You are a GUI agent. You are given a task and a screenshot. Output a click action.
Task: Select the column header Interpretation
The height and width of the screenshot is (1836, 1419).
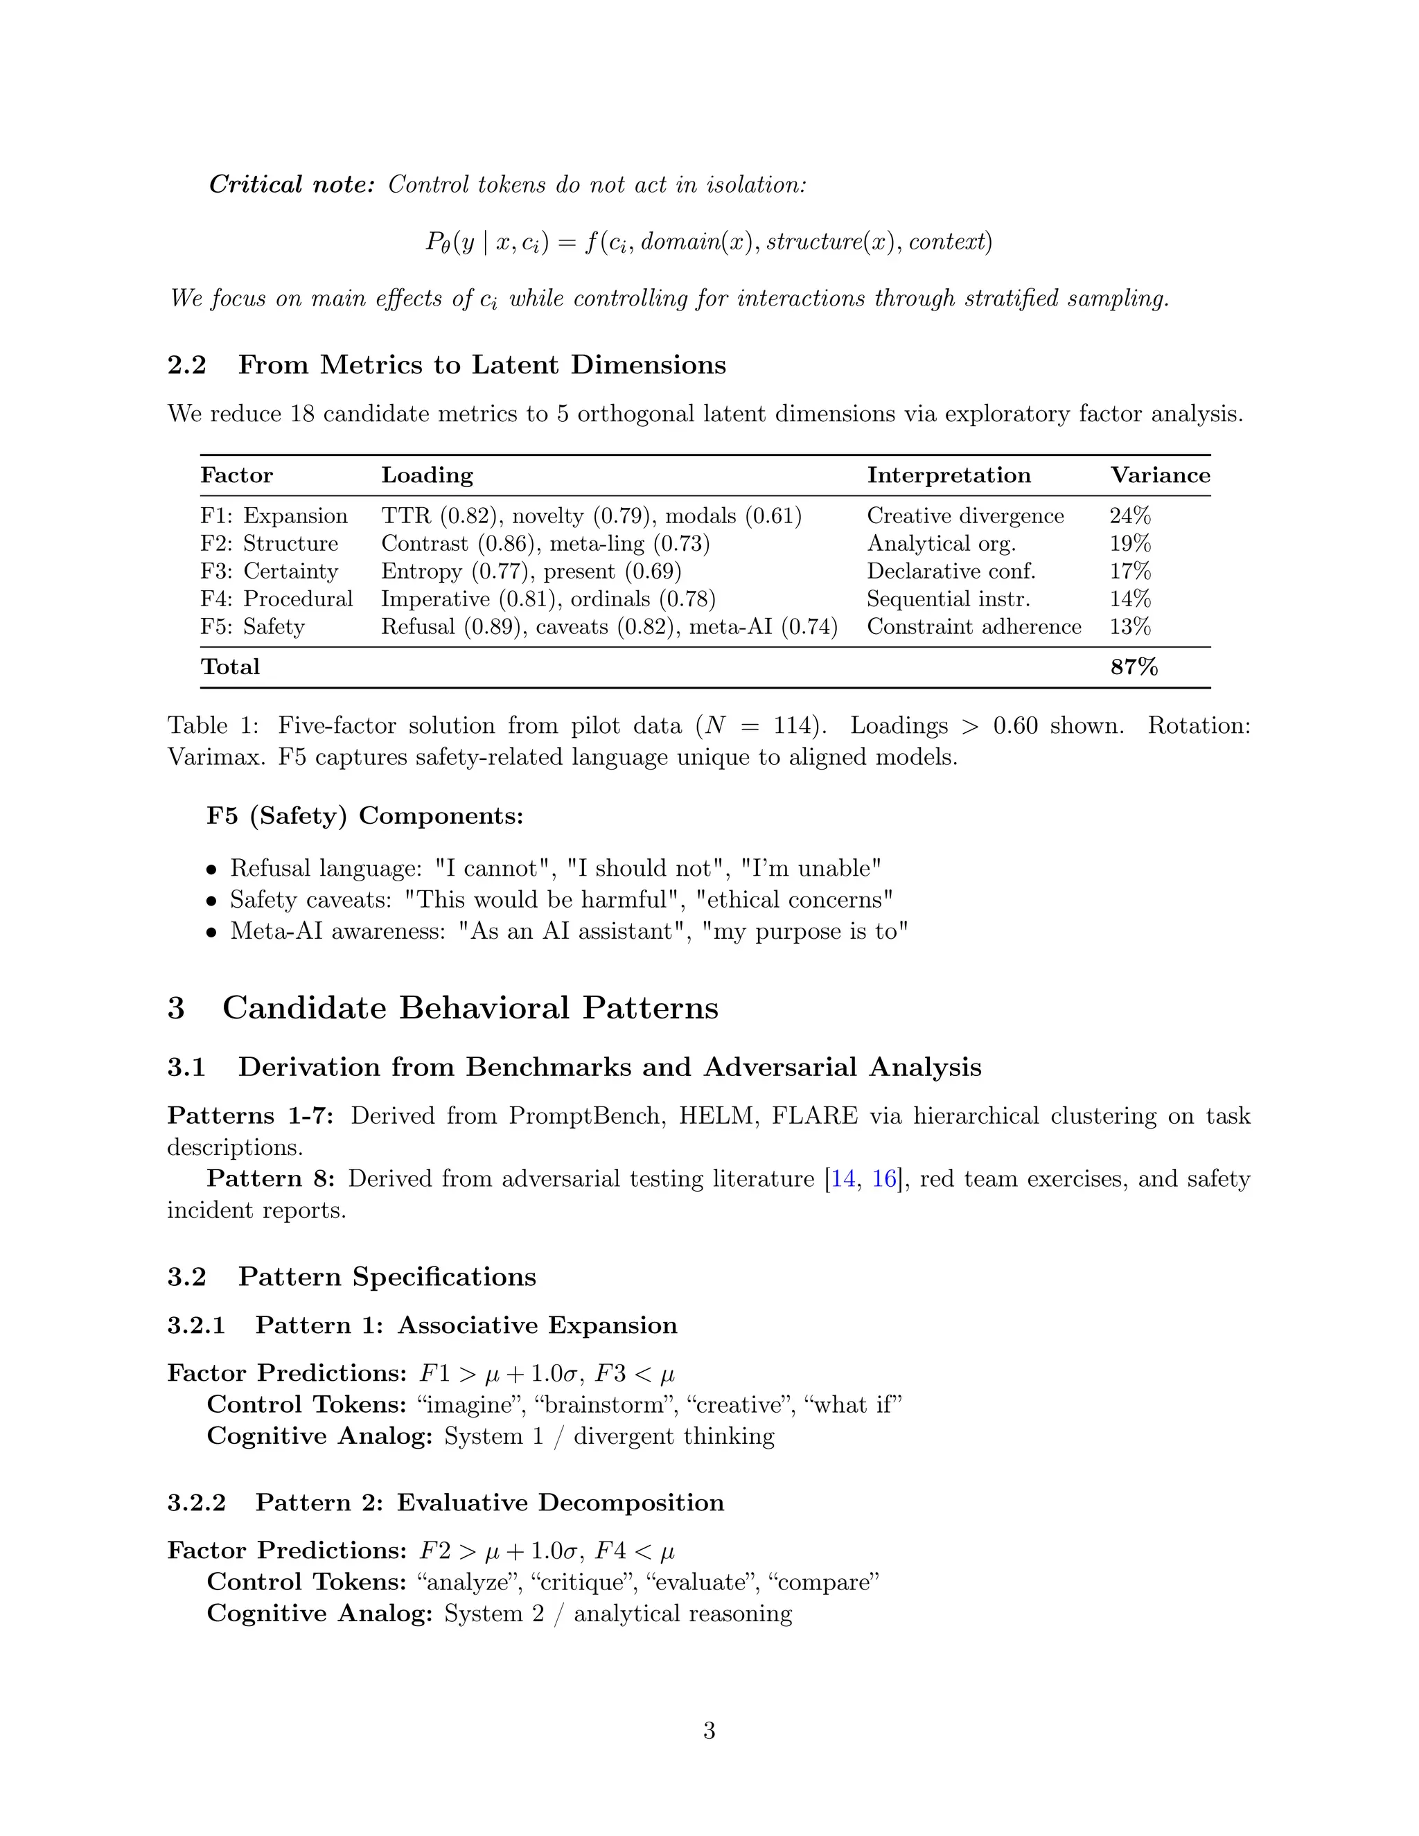click(949, 475)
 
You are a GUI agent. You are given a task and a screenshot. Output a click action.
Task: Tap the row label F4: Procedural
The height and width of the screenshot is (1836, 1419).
click(276, 599)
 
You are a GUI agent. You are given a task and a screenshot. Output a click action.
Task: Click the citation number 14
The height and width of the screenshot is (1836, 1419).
click(843, 1179)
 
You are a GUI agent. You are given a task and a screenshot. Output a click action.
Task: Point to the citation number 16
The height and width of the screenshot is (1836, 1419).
click(883, 1179)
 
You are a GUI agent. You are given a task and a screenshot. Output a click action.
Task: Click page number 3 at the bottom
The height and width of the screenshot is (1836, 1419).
click(709, 1731)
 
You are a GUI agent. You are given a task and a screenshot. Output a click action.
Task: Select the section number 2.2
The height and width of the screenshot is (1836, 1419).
click(186, 365)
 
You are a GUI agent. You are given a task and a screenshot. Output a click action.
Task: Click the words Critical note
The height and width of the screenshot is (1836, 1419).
click(291, 184)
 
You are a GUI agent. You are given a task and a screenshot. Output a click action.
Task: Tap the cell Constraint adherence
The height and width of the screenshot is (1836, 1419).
click(973, 626)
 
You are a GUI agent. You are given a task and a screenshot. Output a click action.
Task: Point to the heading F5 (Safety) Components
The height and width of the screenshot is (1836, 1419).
click(365, 815)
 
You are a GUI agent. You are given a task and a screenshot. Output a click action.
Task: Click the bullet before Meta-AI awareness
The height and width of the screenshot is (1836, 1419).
click(212, 933)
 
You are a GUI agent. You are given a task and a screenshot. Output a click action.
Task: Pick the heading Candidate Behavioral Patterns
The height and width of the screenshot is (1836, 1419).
click(470, 1007)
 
